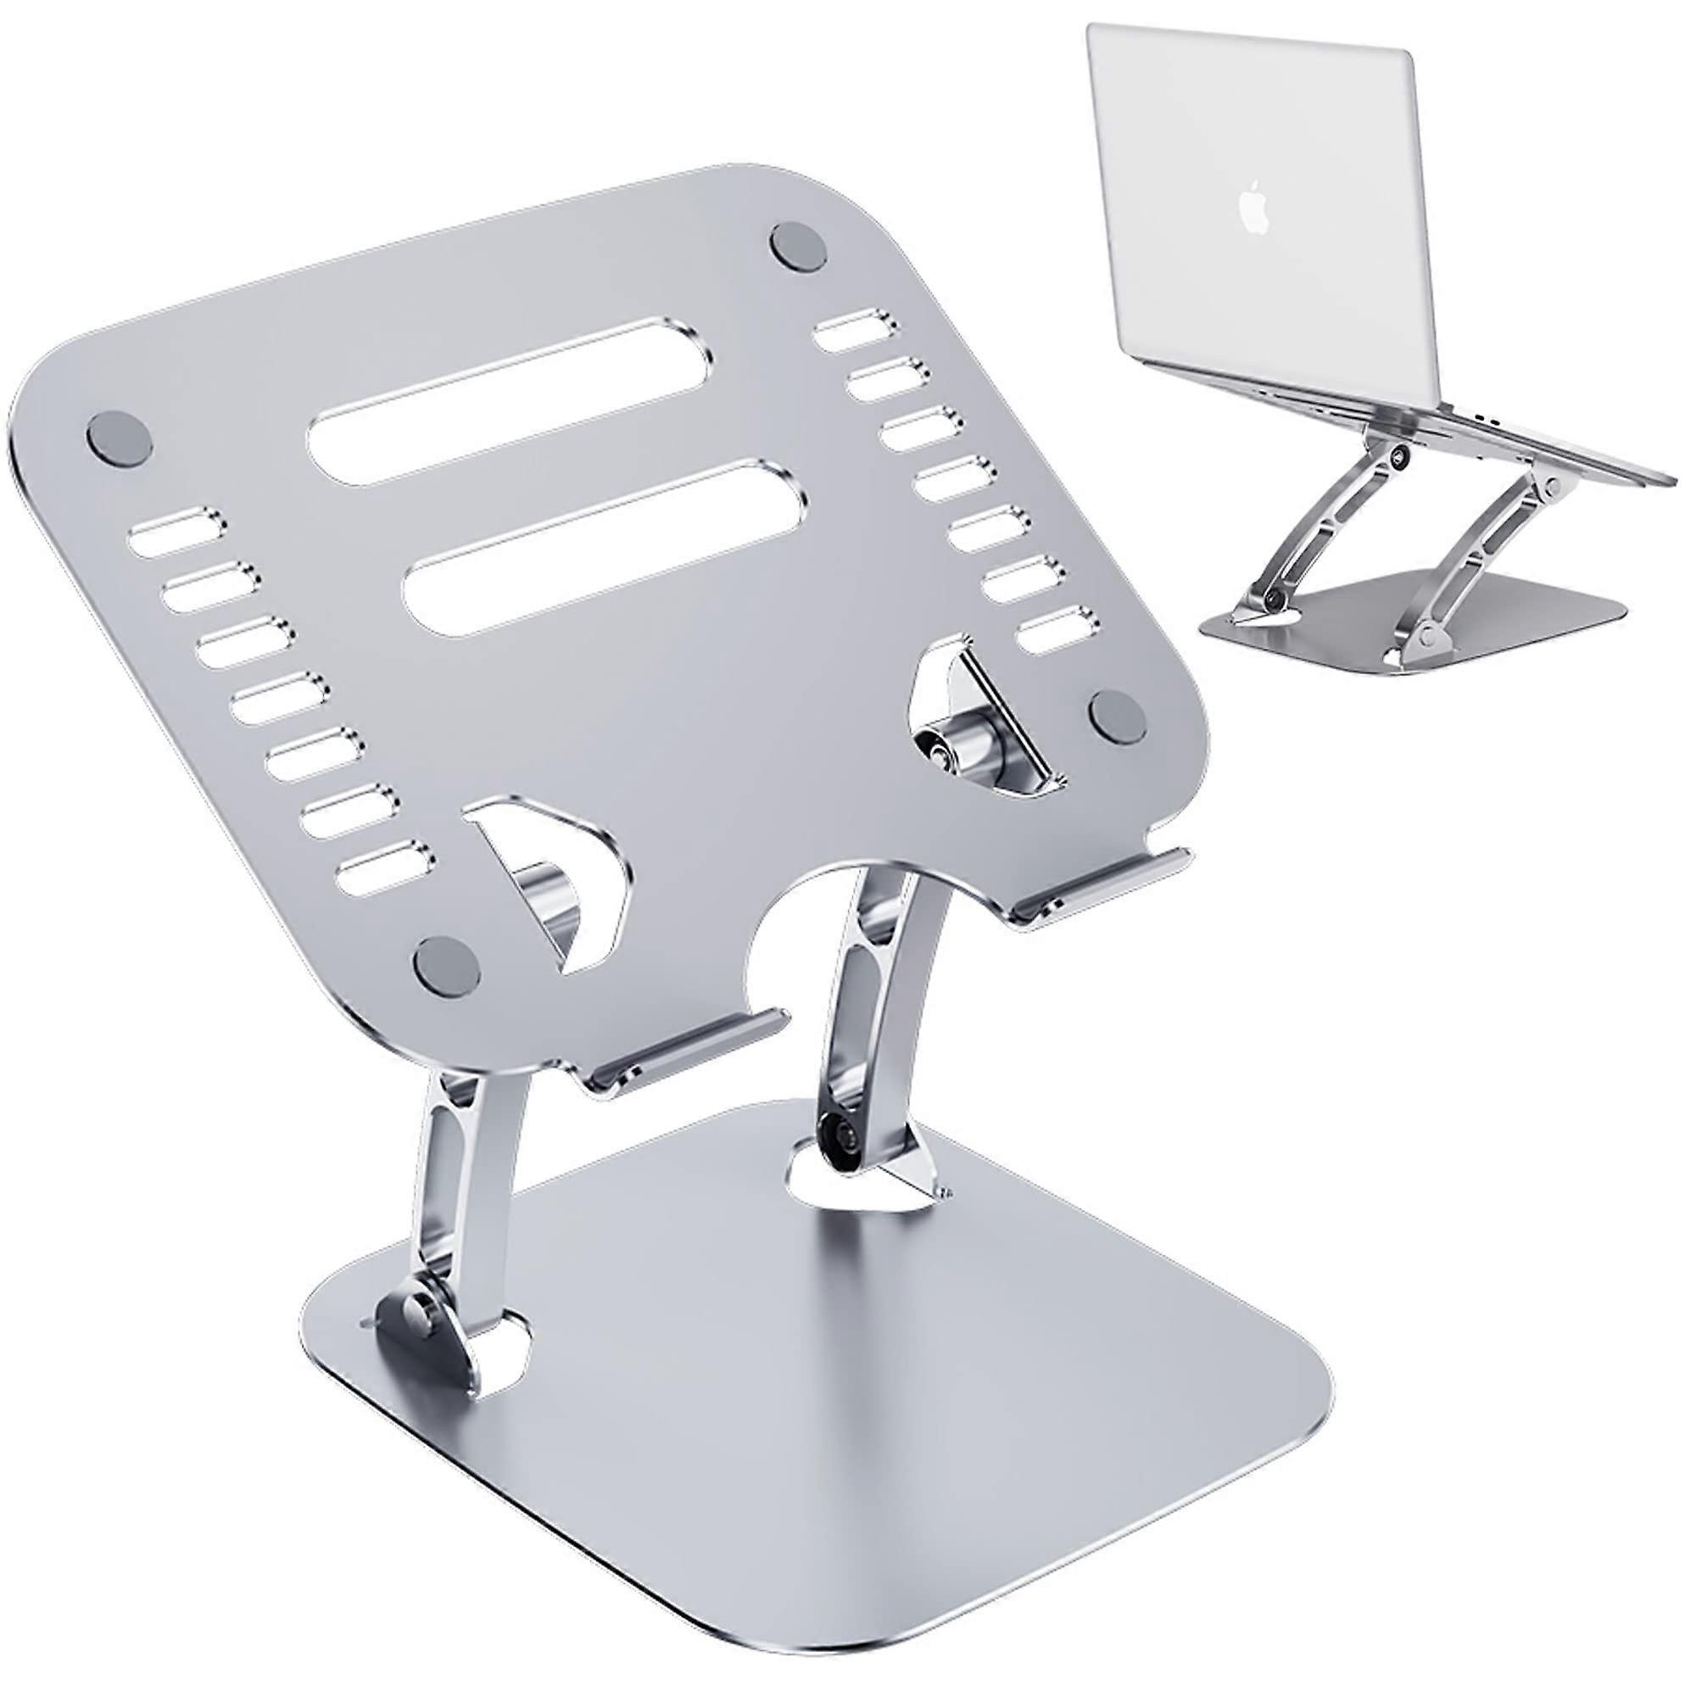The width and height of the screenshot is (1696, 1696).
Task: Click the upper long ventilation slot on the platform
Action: click(x=510, y=391)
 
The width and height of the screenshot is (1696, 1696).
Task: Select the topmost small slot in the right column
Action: click(x=850, y=318)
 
